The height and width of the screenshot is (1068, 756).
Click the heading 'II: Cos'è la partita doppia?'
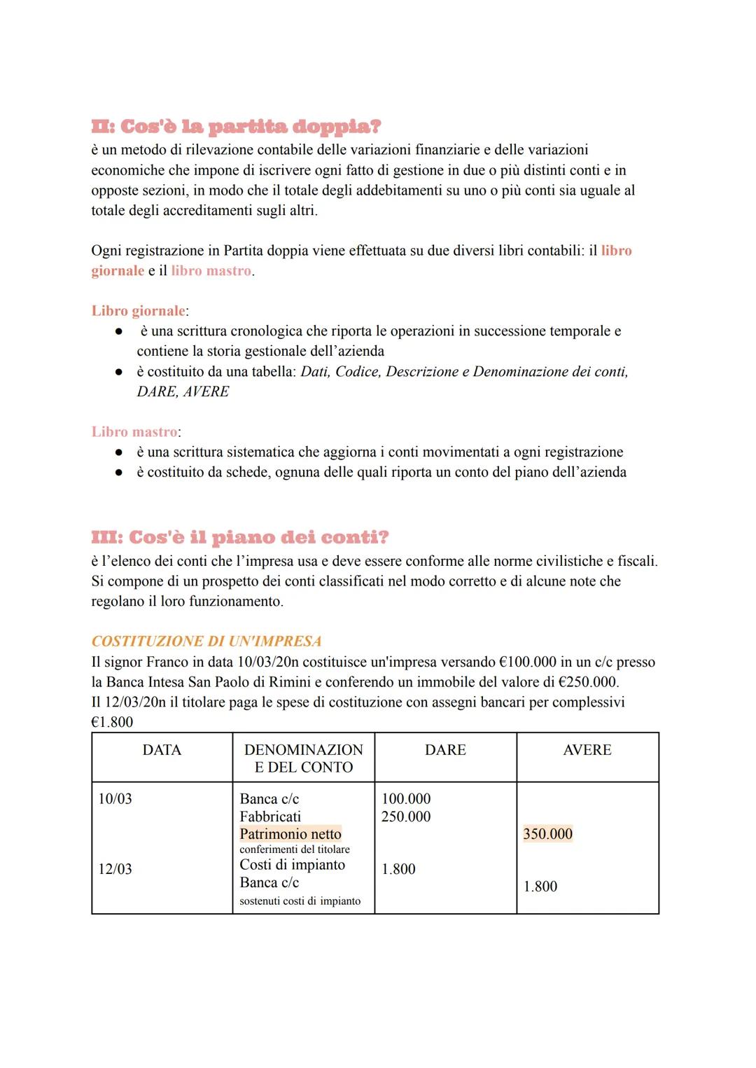[x=236, y=127]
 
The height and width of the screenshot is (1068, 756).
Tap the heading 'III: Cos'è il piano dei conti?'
[x=239, y=537]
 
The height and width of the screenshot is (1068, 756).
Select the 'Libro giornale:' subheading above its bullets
[x=139, y=311]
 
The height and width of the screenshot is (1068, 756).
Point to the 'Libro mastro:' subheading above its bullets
[x=136, y=432]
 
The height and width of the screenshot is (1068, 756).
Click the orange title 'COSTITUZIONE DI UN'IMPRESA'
[x=206, y=642]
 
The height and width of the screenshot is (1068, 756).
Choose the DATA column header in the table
[x=162, y=750]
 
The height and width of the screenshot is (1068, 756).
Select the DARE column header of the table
[x=445, y=750]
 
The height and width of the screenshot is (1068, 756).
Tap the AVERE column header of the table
[x=587, y=750]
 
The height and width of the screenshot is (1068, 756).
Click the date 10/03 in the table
[x=115, y=799]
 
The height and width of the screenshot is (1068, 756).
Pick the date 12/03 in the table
[x=115, y=869]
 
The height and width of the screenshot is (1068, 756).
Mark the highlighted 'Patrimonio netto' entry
[x=290, y=834]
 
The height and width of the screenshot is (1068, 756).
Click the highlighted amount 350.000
[x=547, y=834]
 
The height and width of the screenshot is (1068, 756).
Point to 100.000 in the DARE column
[x=406, y=799]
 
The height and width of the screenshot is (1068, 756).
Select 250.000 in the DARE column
[x=406, y=817]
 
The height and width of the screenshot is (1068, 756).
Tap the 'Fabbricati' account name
[x=270, y=817]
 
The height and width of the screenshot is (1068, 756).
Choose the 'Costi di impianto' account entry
[x=292, y=865]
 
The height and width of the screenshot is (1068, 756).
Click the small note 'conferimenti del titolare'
[x=295, y=849]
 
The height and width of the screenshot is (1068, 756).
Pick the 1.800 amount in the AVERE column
[x=540, y=887]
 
